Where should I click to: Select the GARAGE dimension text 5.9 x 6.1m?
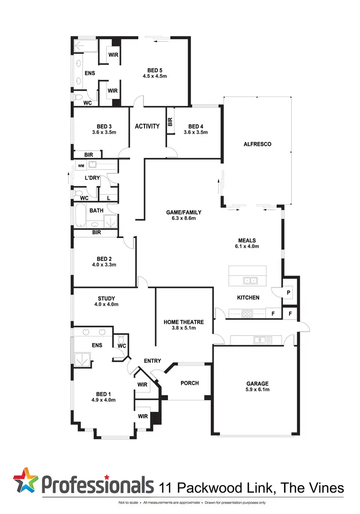click(258, 390)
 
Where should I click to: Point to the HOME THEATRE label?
click(184, 322)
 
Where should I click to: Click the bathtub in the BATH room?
click(80, 216)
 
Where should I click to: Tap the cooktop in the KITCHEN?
click(247, 314)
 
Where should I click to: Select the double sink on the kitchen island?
click(249, 280)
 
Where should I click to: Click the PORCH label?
click(189, 383)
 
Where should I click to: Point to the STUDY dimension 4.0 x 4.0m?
click(106, 304)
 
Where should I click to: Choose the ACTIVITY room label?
click(147, 126)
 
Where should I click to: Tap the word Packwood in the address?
click(218, 488)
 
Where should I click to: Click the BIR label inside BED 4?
click(170, 122)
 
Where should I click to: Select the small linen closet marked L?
click(108, 198)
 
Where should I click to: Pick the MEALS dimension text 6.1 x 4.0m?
click(247, 247)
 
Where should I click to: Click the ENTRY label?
click(151, 361)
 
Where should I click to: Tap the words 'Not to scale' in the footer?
click(128, 502)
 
